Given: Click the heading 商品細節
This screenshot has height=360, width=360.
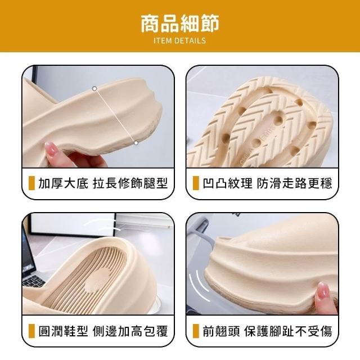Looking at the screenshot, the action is [x=180, y=24].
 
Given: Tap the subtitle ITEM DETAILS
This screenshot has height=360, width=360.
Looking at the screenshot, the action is [x=180, y=40].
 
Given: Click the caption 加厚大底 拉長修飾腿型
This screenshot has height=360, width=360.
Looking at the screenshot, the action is [x=103, y=183].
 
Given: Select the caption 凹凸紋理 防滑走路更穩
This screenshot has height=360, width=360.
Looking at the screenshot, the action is [x=267, y=183].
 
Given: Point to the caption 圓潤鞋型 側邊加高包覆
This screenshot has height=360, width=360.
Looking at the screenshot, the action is [x=103, y=331].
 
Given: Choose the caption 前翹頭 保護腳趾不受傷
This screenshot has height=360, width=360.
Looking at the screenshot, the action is [x=267, y=331].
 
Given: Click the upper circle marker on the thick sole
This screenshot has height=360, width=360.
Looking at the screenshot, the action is [x=94, y=89].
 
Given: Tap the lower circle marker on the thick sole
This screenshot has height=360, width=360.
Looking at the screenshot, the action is [x=136, y=143].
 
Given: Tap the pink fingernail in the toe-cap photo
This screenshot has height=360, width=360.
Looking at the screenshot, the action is [x=323, y=289].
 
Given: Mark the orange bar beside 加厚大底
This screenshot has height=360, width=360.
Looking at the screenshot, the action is [x=31, y=183].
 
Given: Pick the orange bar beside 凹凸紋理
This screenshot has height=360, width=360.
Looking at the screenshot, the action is [x=196, y=183].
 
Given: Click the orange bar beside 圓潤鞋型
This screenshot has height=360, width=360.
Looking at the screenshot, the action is [x=31, y=331].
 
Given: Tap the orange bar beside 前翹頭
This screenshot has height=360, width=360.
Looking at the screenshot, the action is [x=196, y=331].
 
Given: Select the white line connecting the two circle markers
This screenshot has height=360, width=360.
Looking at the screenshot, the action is [x=115, y=116].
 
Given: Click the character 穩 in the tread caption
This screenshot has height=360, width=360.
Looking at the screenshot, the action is [x=326, y=183].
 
